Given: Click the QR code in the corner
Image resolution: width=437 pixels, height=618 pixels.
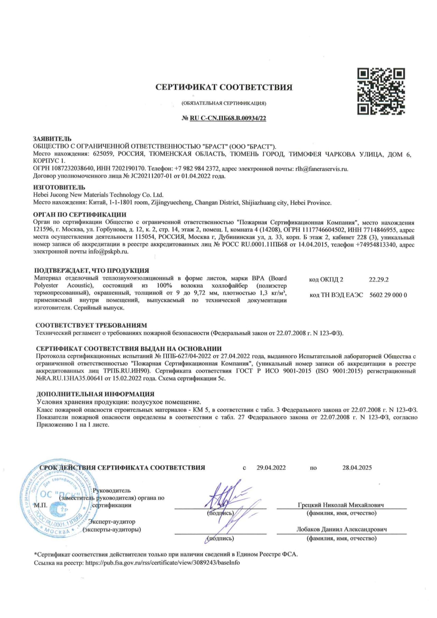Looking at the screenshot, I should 381,91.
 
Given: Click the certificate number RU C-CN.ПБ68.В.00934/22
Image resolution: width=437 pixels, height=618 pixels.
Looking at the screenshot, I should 228,118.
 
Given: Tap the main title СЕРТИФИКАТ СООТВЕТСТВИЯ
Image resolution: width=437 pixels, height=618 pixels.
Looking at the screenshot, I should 224,87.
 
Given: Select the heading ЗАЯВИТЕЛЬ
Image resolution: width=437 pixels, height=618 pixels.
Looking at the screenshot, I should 52,139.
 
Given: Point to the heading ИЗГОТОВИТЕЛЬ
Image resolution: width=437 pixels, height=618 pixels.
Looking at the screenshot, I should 59,187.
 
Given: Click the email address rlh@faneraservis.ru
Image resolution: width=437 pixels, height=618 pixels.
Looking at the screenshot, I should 322,169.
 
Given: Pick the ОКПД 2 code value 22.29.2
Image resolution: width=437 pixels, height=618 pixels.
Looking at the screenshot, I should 379,280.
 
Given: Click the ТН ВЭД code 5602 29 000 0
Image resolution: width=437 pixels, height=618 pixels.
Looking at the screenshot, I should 388,295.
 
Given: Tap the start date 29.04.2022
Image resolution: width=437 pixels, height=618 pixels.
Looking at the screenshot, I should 271,468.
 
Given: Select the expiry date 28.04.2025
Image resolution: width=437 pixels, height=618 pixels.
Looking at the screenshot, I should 357,468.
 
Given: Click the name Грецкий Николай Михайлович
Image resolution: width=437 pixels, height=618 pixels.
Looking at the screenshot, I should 341,505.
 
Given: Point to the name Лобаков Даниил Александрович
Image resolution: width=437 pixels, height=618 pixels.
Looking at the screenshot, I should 341,530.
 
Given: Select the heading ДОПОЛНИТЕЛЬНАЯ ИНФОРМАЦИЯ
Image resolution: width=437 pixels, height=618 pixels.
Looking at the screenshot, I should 95,394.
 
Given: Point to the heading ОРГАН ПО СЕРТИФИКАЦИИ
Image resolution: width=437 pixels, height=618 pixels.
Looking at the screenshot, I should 80,215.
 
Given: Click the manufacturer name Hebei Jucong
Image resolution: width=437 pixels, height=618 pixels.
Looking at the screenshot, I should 98,195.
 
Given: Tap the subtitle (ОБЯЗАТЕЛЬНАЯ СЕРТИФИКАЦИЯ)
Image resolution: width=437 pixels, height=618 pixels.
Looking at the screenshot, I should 224,103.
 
